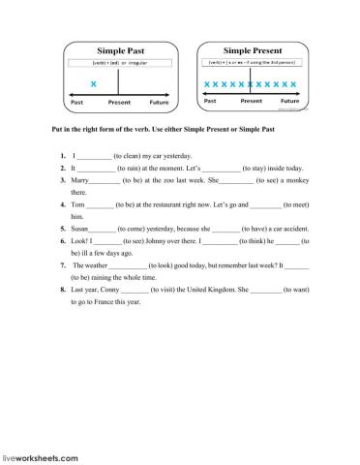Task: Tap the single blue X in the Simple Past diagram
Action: tap(93, 84)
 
